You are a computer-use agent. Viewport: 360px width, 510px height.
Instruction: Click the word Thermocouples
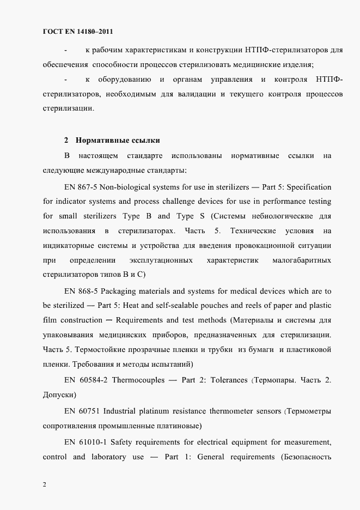pyautogui.click(x=138, y=380)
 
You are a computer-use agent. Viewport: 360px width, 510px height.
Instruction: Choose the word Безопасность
pyautogui.click(x=306, y=456)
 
